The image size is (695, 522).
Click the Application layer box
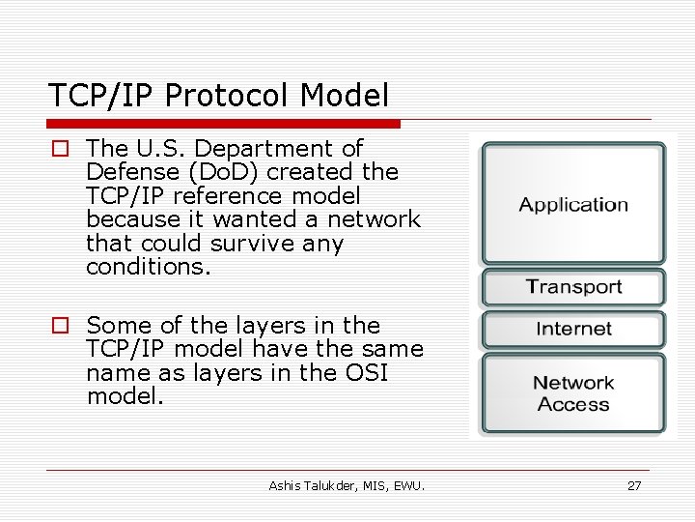pyautogui.click(x=573, y=204)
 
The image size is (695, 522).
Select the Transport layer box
pyautogui.click(x=573, y=287)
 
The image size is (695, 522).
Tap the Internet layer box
pyautogui.click(x=573, y=329)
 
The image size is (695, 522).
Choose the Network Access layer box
pyautogui.click(x=573, y=393)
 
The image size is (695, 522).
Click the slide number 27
pyautogui.click(x=634, y=485)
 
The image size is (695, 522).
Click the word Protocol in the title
pyautogui.click(x=229, y=96)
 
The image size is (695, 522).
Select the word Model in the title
pyautogui.click(x=345, y=96)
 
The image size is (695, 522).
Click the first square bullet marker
pyautogui.click(x=61, y=149)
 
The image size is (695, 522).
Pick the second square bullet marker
pyautogui.click(x=61, y=326)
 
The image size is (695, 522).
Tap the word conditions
pyautogui.click(x=148, y=267)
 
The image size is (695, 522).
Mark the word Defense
pyautogui.click(x=125, y=172)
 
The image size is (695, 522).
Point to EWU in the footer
pyautogui.click(x=409, y=485)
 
